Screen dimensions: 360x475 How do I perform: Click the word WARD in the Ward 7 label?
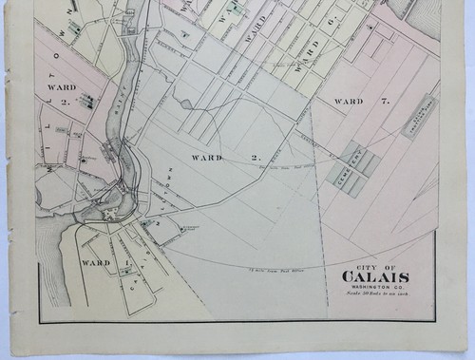(349, 101)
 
